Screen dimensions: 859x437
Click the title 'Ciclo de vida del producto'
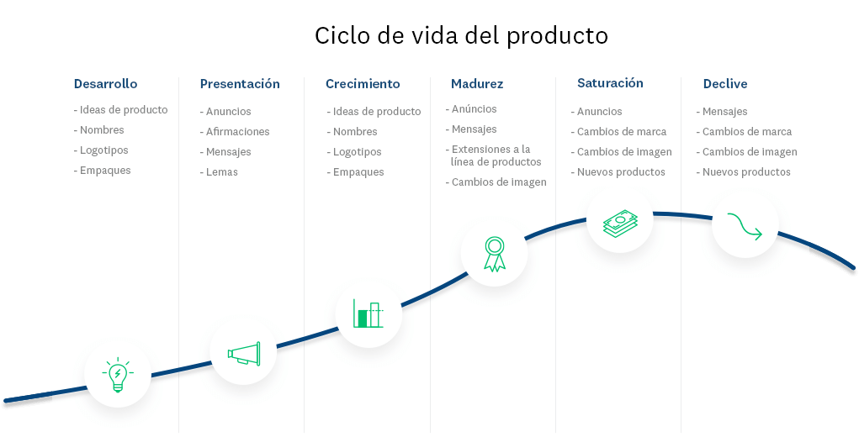pyautogui.click(x=461, y=36)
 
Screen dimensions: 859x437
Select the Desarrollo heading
pyautogui.click(x=106, y=84)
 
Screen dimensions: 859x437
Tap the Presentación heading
pyautogui.click(x=240, y=84)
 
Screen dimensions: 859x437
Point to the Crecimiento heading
pyautogui.click(x=363, y=84)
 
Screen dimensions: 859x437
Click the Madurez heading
pyautogui.click(x=476, y=84)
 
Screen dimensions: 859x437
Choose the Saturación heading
pyautogui.click(x=610, y=83)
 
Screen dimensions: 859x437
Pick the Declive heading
pyautogui.click(x=725, y=84)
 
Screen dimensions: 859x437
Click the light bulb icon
pyautogui.click(x=118, y=375)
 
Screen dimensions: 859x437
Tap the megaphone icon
pyautogui.click(x=244, y=354)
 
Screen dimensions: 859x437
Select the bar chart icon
pyautogui.click(x=369, y=313)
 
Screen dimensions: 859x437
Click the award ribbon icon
pyautogui.click(x=494, y=254)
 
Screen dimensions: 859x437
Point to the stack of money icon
pyautogui.click(x=621, y=224)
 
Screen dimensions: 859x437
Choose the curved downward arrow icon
pyautogui.click(x=745, y=226)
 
